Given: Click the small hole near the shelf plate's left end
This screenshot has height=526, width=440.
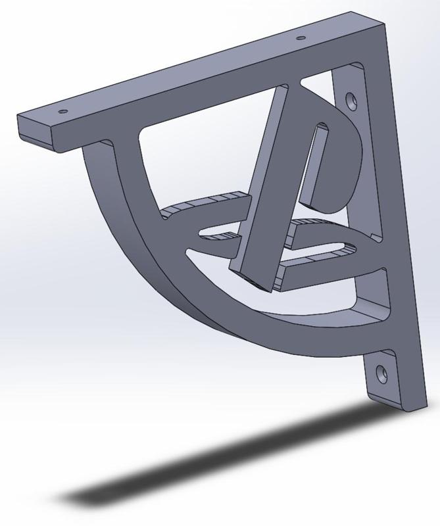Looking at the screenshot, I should pyautogui.click(x=63, y=111).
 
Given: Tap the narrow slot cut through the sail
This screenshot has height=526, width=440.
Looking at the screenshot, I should pyautogui.click(x=315, y=161).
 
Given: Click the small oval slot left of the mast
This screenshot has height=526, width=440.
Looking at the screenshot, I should pyautogui.click(x=217, y=233).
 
